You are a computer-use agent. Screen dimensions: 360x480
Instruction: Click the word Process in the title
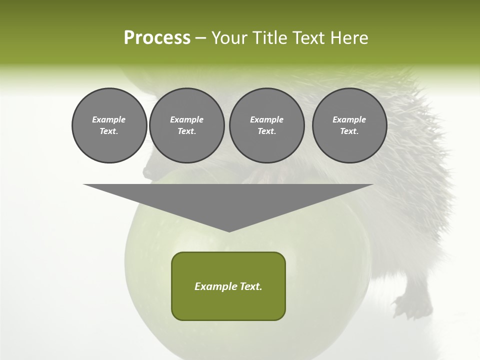(x=157, y=37)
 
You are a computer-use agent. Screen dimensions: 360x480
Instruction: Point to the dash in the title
(x=200, y=38)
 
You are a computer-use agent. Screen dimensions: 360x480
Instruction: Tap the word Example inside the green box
(x=215, y=286)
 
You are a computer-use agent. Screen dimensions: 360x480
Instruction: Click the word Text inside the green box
(x=250, y=286)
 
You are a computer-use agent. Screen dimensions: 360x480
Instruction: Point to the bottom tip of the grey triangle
(x=229, y=231)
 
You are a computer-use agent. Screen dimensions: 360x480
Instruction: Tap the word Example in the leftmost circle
(x=109, y=119)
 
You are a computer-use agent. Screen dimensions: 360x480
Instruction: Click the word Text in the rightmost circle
(x=349, y=131)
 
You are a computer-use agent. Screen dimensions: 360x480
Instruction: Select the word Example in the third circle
(x=266, y=119)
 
